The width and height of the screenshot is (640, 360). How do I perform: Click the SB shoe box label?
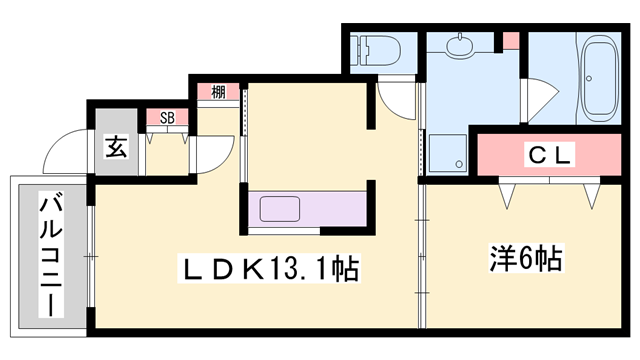[x=168, y=117]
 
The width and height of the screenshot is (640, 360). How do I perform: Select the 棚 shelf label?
[x=219, y=93]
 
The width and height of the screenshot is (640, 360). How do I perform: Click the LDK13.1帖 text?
[x=269, y=267]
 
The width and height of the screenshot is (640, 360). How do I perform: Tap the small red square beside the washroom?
[x=510, y=42]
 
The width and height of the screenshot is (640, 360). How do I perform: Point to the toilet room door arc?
[x=398, y=100]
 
